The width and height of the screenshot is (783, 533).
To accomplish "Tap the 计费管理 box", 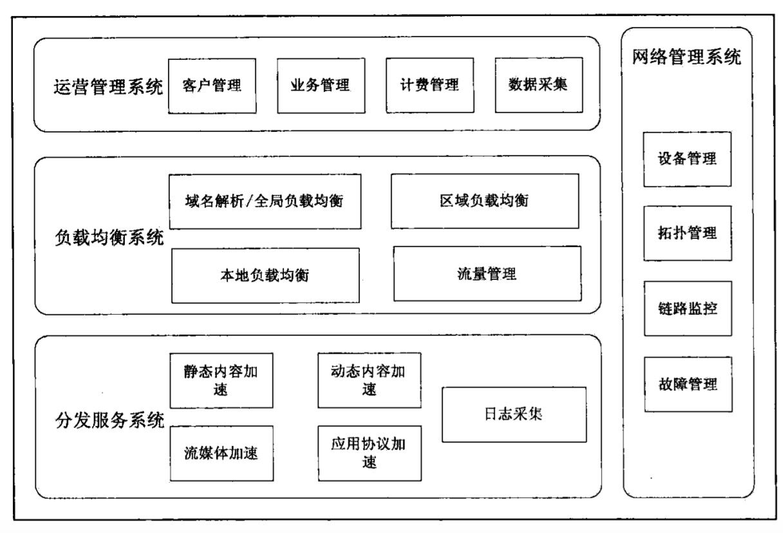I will [421, 85].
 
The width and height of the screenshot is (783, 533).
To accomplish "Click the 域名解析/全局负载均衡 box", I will [265, 201].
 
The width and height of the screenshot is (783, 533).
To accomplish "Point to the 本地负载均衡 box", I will [265, 275].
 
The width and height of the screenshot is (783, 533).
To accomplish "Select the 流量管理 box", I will [487, 274].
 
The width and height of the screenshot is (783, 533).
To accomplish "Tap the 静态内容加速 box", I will [220, 380].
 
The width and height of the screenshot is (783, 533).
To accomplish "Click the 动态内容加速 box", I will [370, 380].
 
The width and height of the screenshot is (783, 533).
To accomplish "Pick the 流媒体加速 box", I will [220, 453].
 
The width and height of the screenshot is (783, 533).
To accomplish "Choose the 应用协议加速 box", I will [370, 453].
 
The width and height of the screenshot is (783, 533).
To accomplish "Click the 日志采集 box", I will [514, 415].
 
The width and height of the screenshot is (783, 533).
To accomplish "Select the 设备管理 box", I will [687, 159].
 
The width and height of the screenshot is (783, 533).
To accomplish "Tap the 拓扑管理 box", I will [687, 233].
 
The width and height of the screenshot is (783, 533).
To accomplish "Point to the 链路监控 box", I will [687, 308].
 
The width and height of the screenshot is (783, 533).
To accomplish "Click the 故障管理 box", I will [687, 384].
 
